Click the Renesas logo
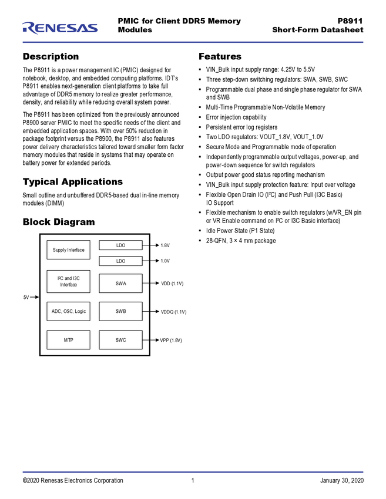coord(60,28)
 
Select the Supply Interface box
coord(68,250)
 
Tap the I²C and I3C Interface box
coord(68,282)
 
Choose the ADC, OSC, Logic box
coord(68,311)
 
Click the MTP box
coord(68,340)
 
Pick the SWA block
coord(120,284)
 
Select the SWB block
coord(120,311)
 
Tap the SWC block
coord(120,340)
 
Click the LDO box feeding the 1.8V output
coord(120,245)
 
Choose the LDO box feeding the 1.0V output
coord(120,261)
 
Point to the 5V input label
coord(26,298)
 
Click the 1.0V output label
coord(165,261)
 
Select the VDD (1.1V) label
coord(172,284)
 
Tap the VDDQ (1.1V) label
coord(173,312)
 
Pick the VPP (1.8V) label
coord(171,340)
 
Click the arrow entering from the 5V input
coord(35,298)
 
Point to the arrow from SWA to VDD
coord(150,284)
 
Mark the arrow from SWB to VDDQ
coord(150,312)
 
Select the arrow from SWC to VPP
coord(150,340)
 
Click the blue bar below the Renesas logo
coord(193,42)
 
